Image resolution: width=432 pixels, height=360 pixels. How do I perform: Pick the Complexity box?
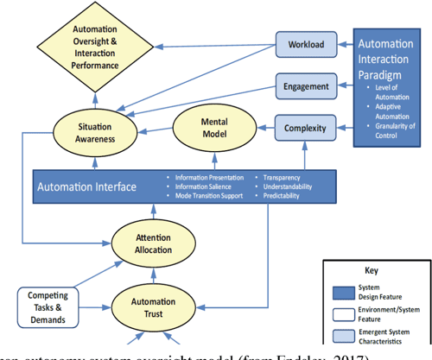305,129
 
